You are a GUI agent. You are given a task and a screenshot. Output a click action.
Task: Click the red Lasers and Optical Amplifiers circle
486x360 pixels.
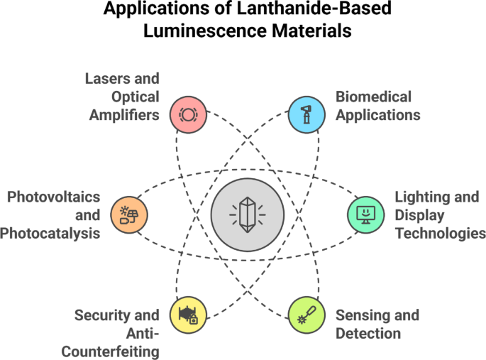[x=188, y=113]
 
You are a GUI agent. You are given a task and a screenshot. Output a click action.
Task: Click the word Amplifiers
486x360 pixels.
[x=125, y=114]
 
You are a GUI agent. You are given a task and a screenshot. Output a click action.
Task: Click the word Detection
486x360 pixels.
[x=368, y=333]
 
